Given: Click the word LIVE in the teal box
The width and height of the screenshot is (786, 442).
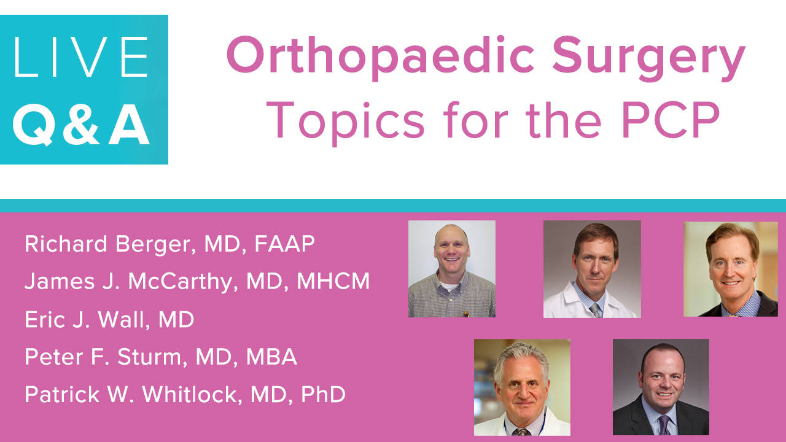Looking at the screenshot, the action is (80, 57).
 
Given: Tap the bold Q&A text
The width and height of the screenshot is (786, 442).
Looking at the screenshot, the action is (82, 125).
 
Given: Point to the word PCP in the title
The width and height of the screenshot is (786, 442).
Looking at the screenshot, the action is (671, 120).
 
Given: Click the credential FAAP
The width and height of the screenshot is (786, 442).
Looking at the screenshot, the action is (284, 244).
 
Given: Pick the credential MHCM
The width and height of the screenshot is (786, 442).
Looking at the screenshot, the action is (333, 281).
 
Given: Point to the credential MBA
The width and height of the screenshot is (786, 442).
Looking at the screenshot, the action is (271, 357).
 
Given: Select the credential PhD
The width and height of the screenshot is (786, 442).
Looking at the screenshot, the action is (323, 394).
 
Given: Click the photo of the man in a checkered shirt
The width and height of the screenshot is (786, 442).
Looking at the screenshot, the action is (452, 269).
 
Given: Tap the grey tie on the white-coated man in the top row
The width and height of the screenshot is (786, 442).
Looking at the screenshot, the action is (595, 311).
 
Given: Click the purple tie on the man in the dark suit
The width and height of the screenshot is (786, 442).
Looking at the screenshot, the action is (664, 425).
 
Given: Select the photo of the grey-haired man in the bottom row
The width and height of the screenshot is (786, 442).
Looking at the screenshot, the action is (522, 387).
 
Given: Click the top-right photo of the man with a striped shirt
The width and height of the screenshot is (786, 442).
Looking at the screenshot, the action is (731, 269).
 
